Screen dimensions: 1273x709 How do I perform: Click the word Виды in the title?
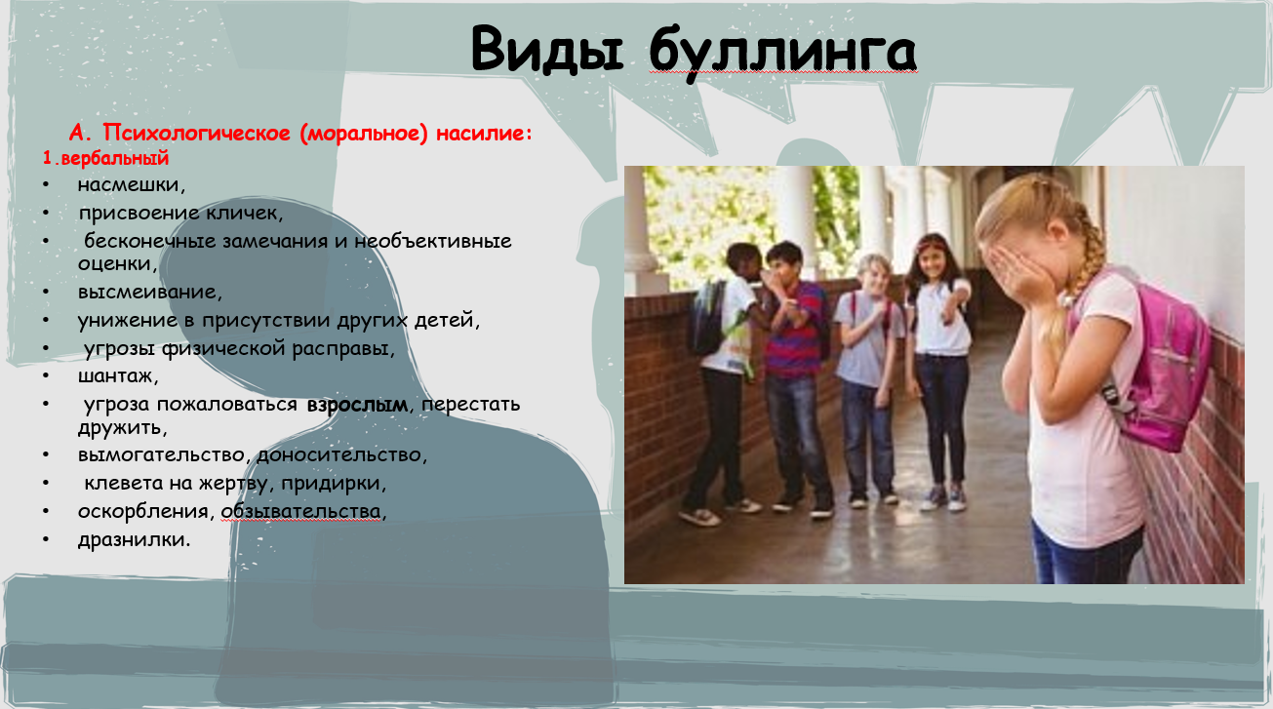(x=547, y=49)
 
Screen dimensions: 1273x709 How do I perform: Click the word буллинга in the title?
(x=783, y=53)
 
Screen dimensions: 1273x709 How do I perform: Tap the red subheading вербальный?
(x=115, y=158)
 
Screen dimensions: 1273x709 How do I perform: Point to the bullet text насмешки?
(x=132, y=185)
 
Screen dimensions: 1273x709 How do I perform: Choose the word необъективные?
(x=433, y=242)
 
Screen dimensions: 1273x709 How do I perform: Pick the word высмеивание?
(x=150, y=292)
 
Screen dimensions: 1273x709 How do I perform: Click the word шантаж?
(x=118, y=376)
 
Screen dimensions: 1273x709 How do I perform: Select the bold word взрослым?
(x=357, y=405)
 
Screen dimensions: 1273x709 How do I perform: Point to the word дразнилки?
(x=134, y=539)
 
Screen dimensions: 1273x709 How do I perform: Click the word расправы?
(x=343, y=349)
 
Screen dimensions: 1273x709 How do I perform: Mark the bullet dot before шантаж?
(x=46, y=376)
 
